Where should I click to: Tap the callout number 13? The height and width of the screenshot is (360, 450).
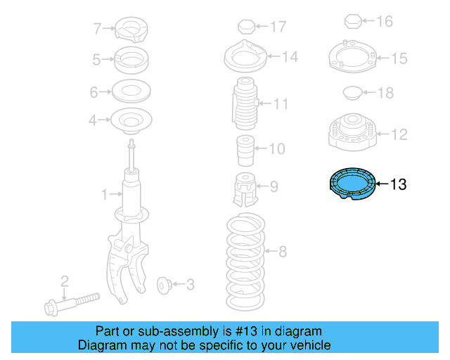[397, 185]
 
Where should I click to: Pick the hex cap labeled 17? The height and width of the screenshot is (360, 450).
[245, 27]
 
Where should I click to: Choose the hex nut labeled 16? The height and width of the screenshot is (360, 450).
[354, 22]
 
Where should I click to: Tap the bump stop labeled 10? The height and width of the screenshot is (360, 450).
[243, 149]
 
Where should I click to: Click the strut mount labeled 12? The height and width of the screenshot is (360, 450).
[349, 133]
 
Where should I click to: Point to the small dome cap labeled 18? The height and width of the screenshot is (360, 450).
[350, 92]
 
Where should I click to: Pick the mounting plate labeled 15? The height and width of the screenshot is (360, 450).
[349, 57]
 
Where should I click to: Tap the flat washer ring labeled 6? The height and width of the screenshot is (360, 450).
[131, 91]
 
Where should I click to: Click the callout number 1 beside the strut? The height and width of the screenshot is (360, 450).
[104, 193]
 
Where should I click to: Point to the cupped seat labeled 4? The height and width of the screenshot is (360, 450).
[131, 122]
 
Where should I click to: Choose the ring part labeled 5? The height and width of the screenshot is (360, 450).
[131, 60]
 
